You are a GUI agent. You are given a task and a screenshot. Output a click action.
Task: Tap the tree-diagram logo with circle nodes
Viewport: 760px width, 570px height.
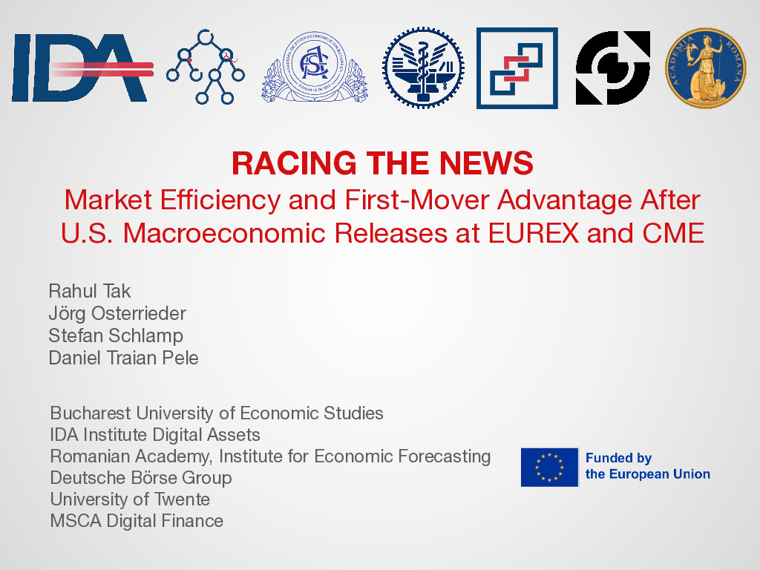pos(206,67)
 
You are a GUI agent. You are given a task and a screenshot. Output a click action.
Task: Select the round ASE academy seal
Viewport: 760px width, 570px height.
pos(315,68)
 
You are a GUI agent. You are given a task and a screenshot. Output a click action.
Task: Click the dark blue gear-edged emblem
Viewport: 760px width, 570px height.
pos(423,68)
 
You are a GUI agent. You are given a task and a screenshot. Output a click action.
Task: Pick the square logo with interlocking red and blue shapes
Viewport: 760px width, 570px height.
pos(517,68)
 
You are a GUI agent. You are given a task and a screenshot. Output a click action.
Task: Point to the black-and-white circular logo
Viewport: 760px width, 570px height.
pos(613,68)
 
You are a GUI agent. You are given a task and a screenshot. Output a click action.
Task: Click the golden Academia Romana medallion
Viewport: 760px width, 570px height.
pos(705,68)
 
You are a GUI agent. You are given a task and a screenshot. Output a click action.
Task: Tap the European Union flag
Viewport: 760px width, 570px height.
pos(550,467)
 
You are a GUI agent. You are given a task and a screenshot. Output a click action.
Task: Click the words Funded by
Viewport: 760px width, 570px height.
pos(618,458)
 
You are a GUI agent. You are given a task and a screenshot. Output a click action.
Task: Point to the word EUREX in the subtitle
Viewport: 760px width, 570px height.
pos(533,233)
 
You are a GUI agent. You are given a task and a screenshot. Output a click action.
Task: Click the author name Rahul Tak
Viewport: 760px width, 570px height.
pos(90,291)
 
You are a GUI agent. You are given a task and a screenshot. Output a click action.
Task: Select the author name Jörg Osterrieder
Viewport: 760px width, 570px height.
pos(117,314)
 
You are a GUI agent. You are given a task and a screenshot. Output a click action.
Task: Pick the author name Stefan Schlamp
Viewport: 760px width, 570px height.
pos(116,335)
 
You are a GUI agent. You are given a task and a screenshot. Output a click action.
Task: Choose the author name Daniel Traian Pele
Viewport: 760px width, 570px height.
pos(124,358)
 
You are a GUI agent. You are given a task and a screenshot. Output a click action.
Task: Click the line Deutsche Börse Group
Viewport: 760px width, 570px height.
pos(141,478)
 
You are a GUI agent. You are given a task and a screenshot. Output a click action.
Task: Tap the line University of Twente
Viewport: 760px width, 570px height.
pos(130,499)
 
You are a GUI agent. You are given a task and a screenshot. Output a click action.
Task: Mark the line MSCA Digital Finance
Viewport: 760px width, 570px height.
pos(137,520)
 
